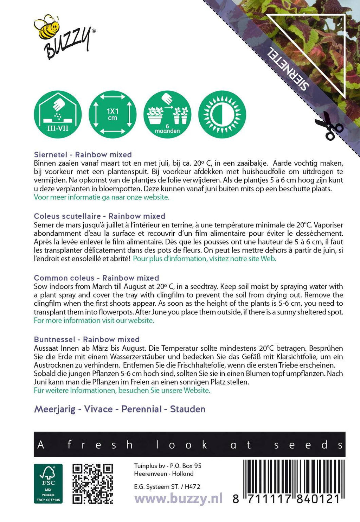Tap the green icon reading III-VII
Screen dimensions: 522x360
point(58,114)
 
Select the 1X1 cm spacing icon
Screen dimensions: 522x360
point(112,114)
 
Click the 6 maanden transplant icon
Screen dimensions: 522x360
point(167,114)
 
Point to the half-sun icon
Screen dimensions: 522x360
point(222,114)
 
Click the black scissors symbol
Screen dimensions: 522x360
point(328,126)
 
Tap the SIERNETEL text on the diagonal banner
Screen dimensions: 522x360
point(289,69)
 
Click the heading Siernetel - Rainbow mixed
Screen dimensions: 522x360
point(83,155)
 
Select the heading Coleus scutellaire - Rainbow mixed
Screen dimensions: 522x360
point(99,216)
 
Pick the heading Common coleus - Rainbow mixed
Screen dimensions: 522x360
point(96,278)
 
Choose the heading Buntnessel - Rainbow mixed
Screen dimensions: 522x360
point(87,339)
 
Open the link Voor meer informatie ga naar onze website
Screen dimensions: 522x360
point(102,197)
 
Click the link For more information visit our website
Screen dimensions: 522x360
point(94,320)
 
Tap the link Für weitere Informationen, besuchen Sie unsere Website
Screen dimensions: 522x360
point(122,390)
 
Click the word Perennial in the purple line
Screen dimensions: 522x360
point(142,409)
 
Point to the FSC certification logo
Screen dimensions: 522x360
point(48,483)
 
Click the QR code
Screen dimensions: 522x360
point(93,483)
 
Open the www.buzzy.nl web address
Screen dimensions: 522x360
point(179,498)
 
